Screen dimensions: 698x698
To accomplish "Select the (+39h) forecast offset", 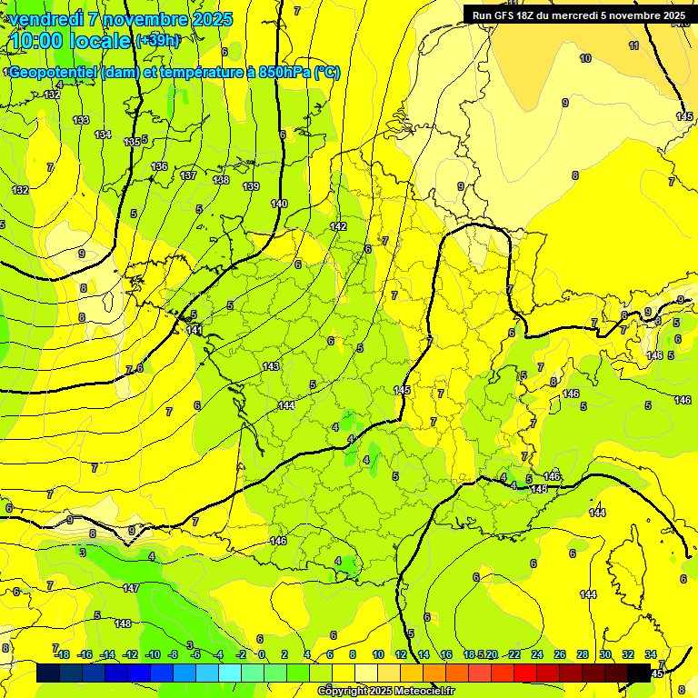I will (157, 41).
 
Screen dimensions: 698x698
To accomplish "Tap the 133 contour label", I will (81, 120).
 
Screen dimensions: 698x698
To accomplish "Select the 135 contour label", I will (132, 142).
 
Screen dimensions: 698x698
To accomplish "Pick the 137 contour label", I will (188, 175).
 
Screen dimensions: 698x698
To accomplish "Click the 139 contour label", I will (251, 186).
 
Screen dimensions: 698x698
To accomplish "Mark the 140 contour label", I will (279, 204).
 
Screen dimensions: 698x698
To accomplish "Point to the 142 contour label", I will (338, 226).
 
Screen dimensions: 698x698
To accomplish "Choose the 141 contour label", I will (194, 330).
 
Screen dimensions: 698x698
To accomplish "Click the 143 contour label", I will (271, 366).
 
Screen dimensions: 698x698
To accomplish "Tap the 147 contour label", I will (131, 589).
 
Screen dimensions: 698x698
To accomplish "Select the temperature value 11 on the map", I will (633, 45).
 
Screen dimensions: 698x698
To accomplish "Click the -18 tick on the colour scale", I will (62, 654).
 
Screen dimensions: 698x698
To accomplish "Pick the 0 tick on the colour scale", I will (262, 654).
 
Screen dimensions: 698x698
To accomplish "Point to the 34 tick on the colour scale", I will (651, 654).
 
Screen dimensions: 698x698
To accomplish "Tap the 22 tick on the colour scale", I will (514, 654).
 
